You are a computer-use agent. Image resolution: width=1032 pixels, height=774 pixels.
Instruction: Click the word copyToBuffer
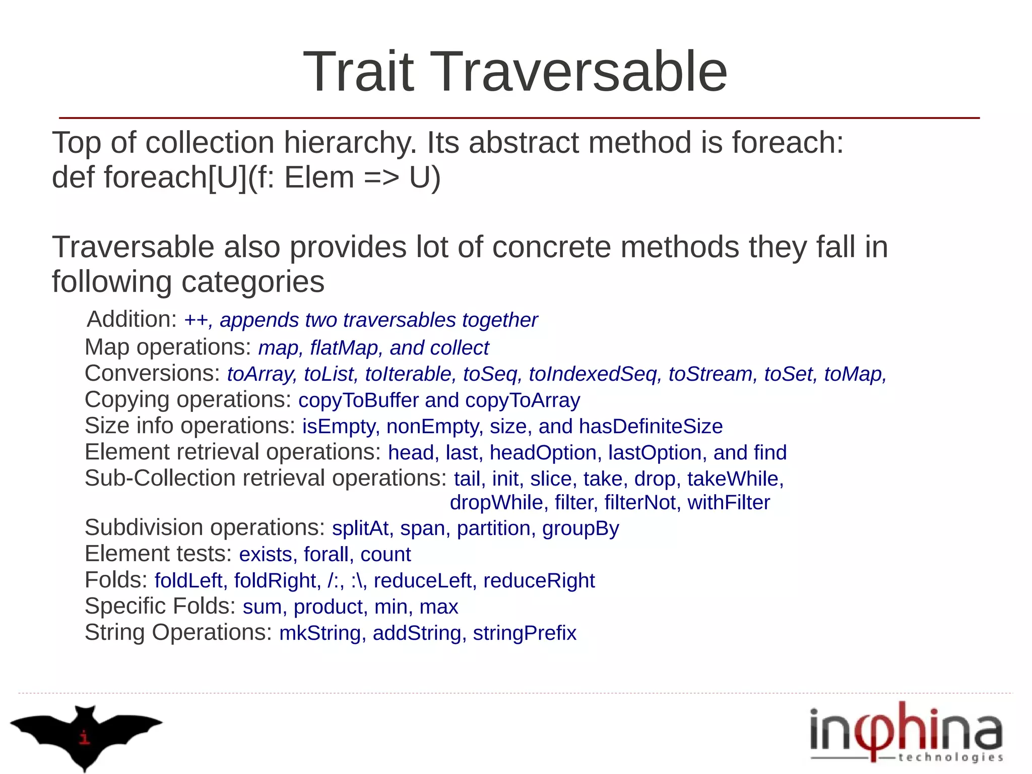pyautogui.click(x=358, y=400)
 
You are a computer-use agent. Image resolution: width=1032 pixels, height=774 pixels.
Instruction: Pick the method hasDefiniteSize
pyautogui.click(x=651, y=427)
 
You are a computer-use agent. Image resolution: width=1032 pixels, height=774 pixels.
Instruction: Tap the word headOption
pyautogui.click(x=543, y=453)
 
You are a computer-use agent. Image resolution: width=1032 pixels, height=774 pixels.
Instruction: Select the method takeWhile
pyautogui.click(x=733, y=479)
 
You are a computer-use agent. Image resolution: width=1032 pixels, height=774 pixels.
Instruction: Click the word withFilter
pyautogui.click(x=728, y=503)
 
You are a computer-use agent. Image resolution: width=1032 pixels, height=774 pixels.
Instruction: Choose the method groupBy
pyautogui.click(x=580, y=528)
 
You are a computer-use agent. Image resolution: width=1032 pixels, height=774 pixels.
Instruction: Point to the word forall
pyautogui.click(x=326, y=555)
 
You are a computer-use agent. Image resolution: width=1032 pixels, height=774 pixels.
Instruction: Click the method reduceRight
pyautogui.click(x=539, y=581)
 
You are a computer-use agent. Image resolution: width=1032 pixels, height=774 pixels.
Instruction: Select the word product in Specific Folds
pyautogui.click(x=328, y=607)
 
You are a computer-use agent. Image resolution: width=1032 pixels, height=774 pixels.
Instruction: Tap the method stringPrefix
pyautogui.click(x=524, y=633)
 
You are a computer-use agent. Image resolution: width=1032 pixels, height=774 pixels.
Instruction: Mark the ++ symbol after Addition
pyautogui.click(x=196, y=321)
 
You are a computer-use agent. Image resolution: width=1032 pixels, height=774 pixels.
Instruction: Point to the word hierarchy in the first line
pyautogui.click(x=350, y=143)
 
